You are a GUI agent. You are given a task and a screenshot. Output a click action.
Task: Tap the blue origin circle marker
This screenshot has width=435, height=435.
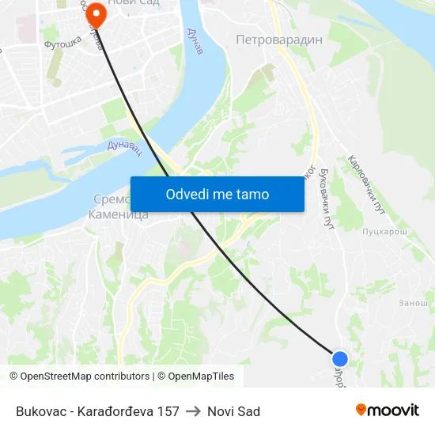(x=340, y=359)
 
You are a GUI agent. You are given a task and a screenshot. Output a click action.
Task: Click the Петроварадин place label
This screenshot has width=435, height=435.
(x=279, y=40)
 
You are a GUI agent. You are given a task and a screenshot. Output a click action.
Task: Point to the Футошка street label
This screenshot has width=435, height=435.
(x=62, y=44)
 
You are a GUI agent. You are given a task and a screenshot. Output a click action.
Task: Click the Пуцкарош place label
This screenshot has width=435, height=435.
(x=384, y=232)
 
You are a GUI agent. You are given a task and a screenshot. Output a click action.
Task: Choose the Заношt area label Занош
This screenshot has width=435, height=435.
(x=413, y=302)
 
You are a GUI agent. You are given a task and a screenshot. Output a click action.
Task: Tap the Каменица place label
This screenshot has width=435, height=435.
(x=119, y=214)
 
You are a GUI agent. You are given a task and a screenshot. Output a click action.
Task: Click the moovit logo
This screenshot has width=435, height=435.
(x=387, y=410)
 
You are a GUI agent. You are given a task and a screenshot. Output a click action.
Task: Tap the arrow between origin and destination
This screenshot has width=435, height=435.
(x=193, y=411)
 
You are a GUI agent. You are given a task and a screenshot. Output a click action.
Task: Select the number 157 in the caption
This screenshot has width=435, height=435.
(x=168, y=411)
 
